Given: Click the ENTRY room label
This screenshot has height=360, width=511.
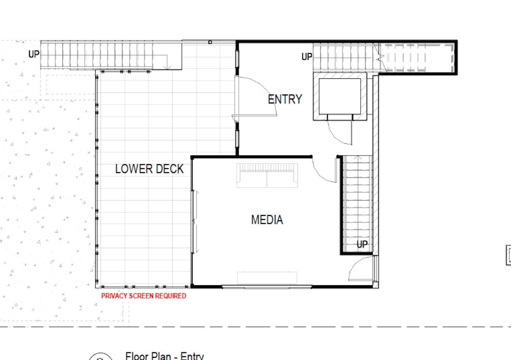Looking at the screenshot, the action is pos(285,100).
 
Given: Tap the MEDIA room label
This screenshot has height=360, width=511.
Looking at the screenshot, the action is pos(267,220).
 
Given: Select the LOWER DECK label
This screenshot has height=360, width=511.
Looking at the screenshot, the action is pos(149,169).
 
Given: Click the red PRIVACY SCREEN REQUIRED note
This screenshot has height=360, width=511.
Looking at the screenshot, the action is pos(144,296).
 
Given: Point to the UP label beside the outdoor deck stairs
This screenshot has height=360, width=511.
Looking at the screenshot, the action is pos(34,54).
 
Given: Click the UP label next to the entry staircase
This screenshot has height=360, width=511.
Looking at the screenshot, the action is pos(307,57).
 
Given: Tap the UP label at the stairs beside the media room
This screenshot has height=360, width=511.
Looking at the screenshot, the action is pos(362,244).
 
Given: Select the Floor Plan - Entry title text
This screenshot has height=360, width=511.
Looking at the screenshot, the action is pos(165,356).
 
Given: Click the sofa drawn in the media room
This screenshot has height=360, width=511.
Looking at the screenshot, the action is pos(267,175).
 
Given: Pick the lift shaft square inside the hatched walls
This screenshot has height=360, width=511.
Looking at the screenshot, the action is pos(340,96).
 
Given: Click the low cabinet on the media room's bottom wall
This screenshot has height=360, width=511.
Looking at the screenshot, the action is pos(267,278).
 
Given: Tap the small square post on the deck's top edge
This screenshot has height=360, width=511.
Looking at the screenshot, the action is pos(210,42).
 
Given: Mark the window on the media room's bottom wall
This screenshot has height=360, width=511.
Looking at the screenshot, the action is pos(267,287).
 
